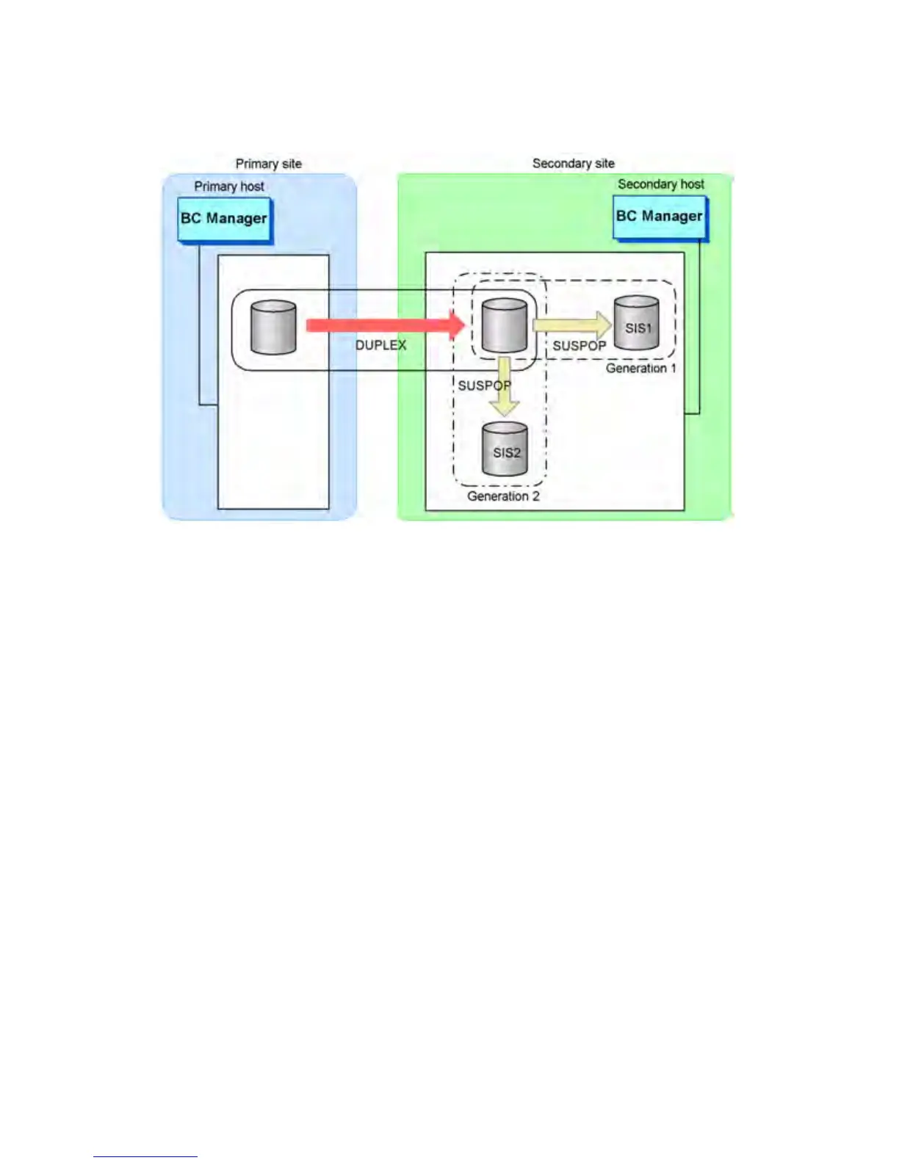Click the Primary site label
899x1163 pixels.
[268, 164]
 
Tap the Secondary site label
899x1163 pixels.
[573, 163]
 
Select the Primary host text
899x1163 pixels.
[228, 186]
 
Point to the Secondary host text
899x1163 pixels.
[660, 184]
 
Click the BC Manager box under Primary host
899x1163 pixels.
[224, 219]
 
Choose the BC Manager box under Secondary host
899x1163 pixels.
[660, 217]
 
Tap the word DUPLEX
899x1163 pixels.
[380, 345]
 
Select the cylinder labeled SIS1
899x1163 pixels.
[636, 323]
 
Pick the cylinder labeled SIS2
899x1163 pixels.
[505, 449]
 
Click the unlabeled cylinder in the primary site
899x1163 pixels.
[273, 327]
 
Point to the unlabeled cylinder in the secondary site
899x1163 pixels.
[504, 325]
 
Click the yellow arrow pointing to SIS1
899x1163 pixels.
[572, 325]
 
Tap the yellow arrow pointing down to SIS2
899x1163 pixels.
[504, 387]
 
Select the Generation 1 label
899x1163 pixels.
[640, 368]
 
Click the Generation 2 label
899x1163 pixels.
[503, 496]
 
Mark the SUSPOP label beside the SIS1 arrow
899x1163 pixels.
[579, 346]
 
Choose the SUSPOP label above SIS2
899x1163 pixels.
[483, 385]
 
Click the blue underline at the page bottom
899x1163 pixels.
[145, 1156]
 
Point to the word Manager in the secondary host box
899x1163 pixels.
[672, 217]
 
